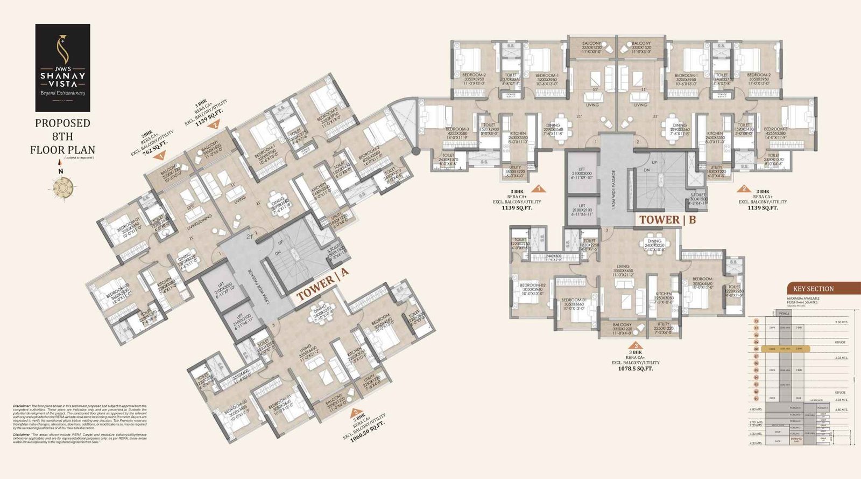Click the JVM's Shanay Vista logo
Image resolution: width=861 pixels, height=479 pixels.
(x=62, y=67)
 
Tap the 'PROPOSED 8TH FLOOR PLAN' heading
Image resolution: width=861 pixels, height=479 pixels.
(x=62, y=136)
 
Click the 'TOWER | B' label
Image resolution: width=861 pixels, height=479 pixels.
(x=667, y=220)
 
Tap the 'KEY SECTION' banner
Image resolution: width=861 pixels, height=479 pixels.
(x=813, y=289)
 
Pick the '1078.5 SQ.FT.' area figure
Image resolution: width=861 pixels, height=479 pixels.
(x=635, y=369)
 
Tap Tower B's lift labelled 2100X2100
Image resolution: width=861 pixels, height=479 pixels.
(x=582, y=210)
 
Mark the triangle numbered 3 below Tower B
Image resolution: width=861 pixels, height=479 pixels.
(x=637, y=346)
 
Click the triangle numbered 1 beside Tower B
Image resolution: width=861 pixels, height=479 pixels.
(x=538, y=189)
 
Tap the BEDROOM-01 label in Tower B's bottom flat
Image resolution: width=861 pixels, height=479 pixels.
(x=574, y=302)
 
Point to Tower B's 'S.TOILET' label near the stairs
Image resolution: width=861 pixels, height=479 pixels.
(x=698, y=197)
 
